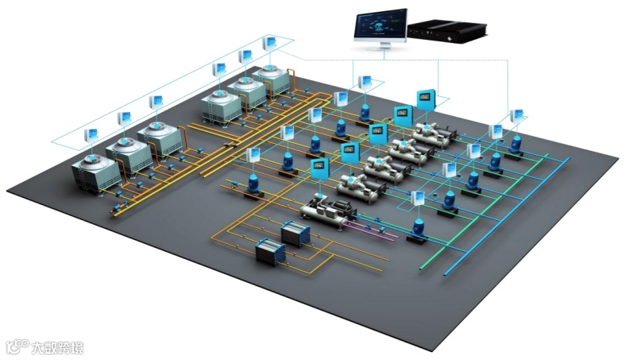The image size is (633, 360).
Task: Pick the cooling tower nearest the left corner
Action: pyautogui.click(x=94, y=172)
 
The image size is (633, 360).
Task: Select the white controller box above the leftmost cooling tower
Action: pyautogui.click(x=92, y=134)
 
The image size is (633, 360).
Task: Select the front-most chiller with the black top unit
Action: pyautogui.click(x=326, y=211)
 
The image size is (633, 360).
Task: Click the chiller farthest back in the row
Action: pyautogui.click(x=432, y=133)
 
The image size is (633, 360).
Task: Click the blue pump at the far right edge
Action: pyautogui.click(x=516, y=144)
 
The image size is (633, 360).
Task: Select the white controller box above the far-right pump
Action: pyautogui.click(x=517, y=116)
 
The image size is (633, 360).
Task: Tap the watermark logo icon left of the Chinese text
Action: pyautogui.click(x=17, y=347)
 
